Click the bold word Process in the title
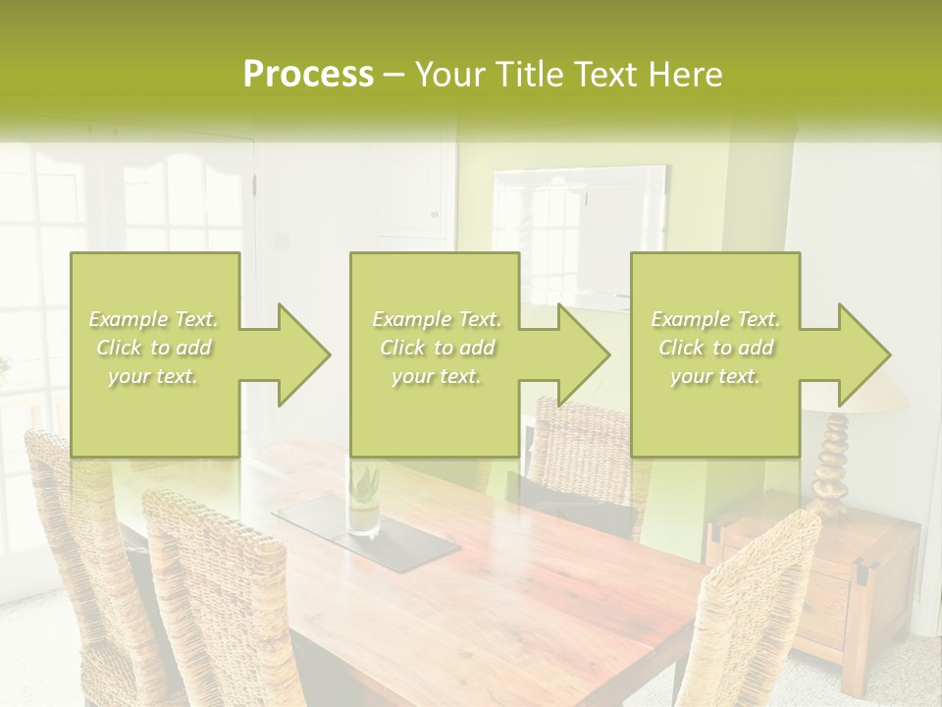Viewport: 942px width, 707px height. [308, 75]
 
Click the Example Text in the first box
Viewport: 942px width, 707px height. [154, 319]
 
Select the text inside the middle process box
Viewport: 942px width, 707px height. [436, 348]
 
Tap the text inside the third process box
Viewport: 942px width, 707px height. [715, 348]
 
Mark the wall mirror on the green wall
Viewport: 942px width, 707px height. [579, 236]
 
